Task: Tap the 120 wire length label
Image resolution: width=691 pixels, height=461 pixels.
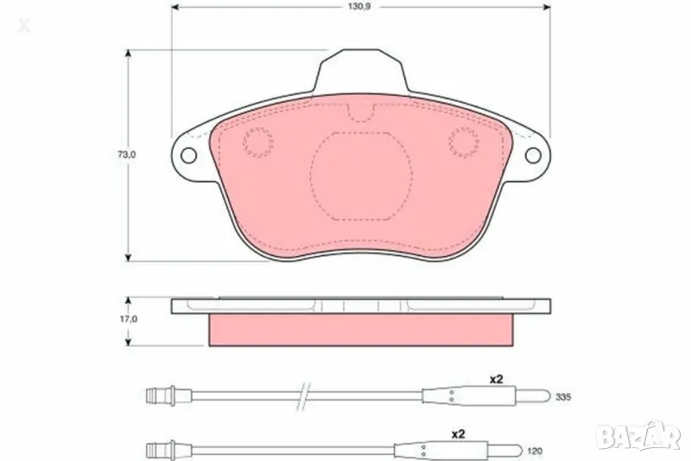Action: tap(536, 451)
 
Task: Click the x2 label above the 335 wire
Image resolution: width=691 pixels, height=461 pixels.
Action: tap(497, 379)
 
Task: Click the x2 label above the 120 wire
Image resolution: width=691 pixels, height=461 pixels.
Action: tap(459, 435)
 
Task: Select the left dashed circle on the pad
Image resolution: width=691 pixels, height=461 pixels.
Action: tap(257, 142)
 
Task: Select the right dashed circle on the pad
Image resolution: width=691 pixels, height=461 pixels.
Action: tap(464, 142)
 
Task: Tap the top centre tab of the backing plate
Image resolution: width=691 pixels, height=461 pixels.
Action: tap(360, 69)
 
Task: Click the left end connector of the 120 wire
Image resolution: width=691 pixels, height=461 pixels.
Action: tap(160, 451)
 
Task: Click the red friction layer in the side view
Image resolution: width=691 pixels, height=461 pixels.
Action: tap(360, 329)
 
